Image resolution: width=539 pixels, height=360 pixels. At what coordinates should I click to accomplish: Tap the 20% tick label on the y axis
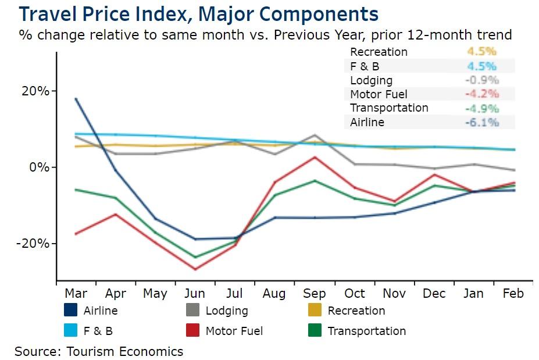pos(36,91)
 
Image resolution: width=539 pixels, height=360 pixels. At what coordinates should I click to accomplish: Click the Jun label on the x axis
pos(194,293)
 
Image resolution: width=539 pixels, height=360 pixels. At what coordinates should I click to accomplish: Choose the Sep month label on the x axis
pos(314,293)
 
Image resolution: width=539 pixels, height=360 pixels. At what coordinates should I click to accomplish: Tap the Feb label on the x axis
pos(512,293)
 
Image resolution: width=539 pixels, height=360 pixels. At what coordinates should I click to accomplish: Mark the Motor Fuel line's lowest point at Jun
pos(195,269)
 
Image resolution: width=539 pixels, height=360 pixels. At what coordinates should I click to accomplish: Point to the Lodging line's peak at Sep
pos(315,135)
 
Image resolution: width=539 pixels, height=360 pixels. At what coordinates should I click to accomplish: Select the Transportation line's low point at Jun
pos(195,257)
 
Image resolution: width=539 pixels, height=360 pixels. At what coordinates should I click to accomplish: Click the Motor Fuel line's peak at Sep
pos(315,157)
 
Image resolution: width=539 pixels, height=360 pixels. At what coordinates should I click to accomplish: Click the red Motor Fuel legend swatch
pos(193,331)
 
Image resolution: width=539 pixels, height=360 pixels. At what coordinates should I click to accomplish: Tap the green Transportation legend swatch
pos(315,331)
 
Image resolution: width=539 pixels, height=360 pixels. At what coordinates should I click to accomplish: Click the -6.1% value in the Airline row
pos(481,122)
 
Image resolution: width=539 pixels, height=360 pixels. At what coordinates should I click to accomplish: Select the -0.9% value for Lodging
pos(481,80)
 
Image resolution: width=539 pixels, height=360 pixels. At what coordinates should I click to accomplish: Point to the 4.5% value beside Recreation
pos(481,52)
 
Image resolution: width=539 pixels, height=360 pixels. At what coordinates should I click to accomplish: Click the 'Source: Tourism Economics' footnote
pos(99,351)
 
